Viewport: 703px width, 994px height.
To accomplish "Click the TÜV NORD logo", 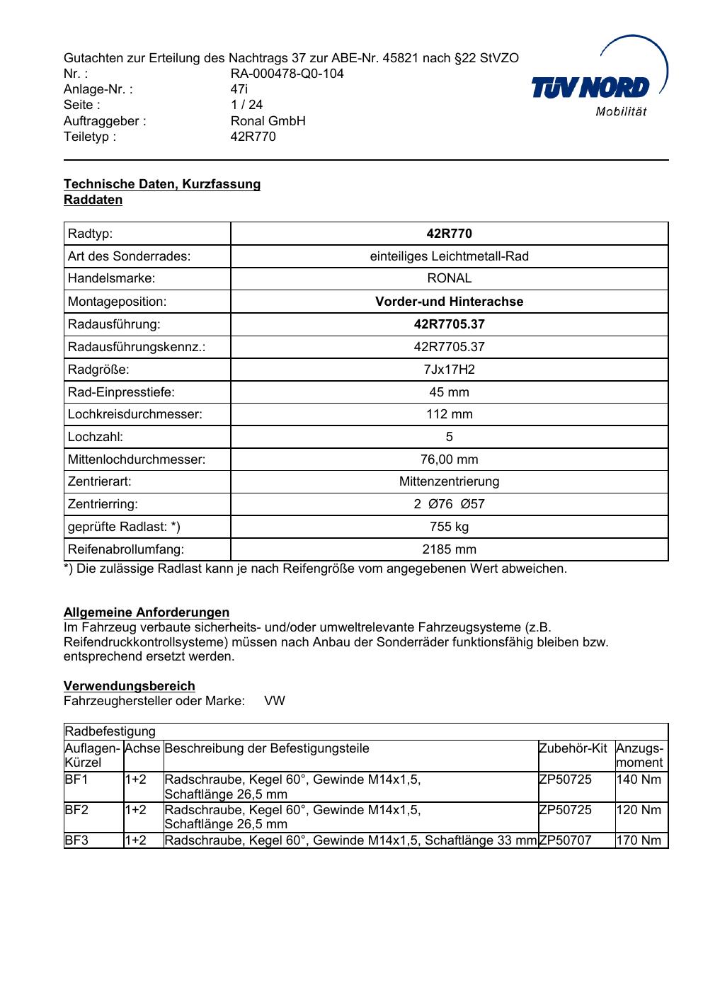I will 599,86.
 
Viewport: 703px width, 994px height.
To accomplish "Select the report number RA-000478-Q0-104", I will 287,74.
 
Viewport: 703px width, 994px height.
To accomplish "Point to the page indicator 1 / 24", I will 246,105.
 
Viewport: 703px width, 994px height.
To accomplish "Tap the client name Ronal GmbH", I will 268,121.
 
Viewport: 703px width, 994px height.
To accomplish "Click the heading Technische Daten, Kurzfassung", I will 162,184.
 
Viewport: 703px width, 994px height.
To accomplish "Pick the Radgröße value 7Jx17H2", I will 449,370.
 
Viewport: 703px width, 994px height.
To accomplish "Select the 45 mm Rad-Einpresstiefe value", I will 449,392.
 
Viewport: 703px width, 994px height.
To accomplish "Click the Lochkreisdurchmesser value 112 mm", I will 449,414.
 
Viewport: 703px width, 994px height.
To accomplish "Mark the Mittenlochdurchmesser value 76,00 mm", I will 449,459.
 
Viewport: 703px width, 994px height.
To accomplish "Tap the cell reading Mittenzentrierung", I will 449,481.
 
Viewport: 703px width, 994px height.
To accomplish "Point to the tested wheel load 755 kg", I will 449,527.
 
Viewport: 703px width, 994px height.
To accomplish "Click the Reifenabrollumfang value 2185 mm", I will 449,549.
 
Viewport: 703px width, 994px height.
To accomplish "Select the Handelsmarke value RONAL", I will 449,278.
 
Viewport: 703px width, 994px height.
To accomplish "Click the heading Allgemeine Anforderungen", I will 147,612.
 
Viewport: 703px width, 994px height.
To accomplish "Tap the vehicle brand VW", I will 275,701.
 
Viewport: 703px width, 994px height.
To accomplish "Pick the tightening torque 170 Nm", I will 639,840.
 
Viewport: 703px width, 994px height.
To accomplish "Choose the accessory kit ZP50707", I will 565,840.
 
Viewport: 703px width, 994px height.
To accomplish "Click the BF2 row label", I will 76,810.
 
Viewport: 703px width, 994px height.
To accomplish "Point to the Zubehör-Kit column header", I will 573,748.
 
